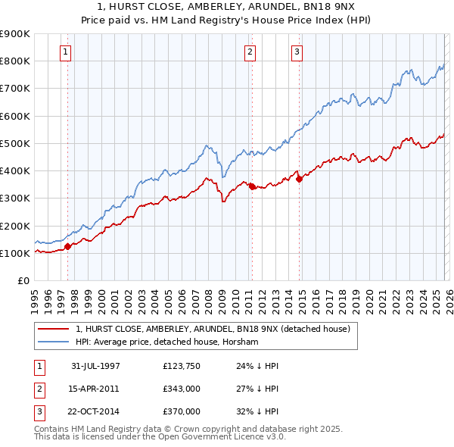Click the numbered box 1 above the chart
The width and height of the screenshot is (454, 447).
pos(67,52)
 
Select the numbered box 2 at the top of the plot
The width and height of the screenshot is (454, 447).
pos(250,52)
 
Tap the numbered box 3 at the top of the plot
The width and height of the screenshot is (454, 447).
pos(297,52)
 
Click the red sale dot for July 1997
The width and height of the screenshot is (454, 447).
pos(68,246)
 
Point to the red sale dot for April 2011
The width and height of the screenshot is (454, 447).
pos(252,186)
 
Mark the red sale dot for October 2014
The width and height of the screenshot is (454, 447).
pos(299,179)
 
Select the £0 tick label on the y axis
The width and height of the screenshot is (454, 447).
pos(23,281)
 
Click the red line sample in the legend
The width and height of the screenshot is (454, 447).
pos(52,330)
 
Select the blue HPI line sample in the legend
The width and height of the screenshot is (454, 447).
pos(52,342)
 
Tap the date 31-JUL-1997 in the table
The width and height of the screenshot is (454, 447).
pos(95,365)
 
